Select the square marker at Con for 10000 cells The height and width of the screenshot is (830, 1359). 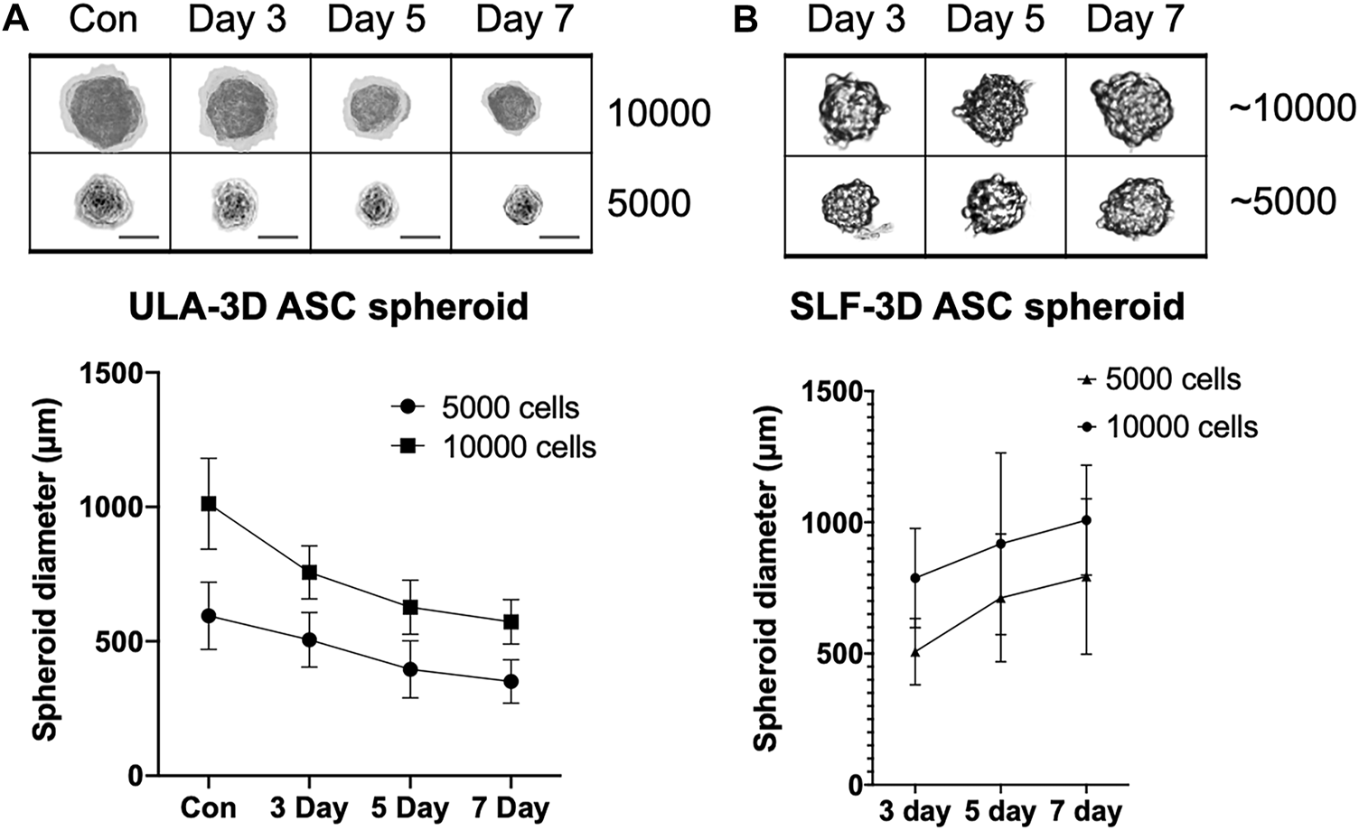(x=209, y=503)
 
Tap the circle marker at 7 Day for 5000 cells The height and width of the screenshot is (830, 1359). (x=511, y=681)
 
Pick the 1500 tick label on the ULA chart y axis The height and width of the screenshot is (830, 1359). (x=112, y=373)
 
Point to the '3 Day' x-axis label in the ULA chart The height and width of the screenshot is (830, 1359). (x=309, y=807)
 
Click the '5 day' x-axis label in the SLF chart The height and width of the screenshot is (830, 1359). (x=999, y=811)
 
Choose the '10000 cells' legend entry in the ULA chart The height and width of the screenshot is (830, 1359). (x=519, y=446)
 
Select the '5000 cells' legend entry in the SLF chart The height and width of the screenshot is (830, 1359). (x=1172, y=380)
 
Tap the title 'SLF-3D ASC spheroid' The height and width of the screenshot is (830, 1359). (x=987, y=306)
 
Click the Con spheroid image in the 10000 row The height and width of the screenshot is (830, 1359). (x=100, y=107)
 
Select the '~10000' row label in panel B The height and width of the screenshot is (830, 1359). (x=1291, y=108)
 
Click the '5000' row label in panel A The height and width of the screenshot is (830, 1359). (x=648, y=204)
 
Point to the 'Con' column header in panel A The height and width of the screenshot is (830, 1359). (x=103, y=19)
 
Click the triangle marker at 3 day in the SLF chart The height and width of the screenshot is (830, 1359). (x=914, y=651)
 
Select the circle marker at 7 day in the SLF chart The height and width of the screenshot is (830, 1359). (x=1085, y=520)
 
